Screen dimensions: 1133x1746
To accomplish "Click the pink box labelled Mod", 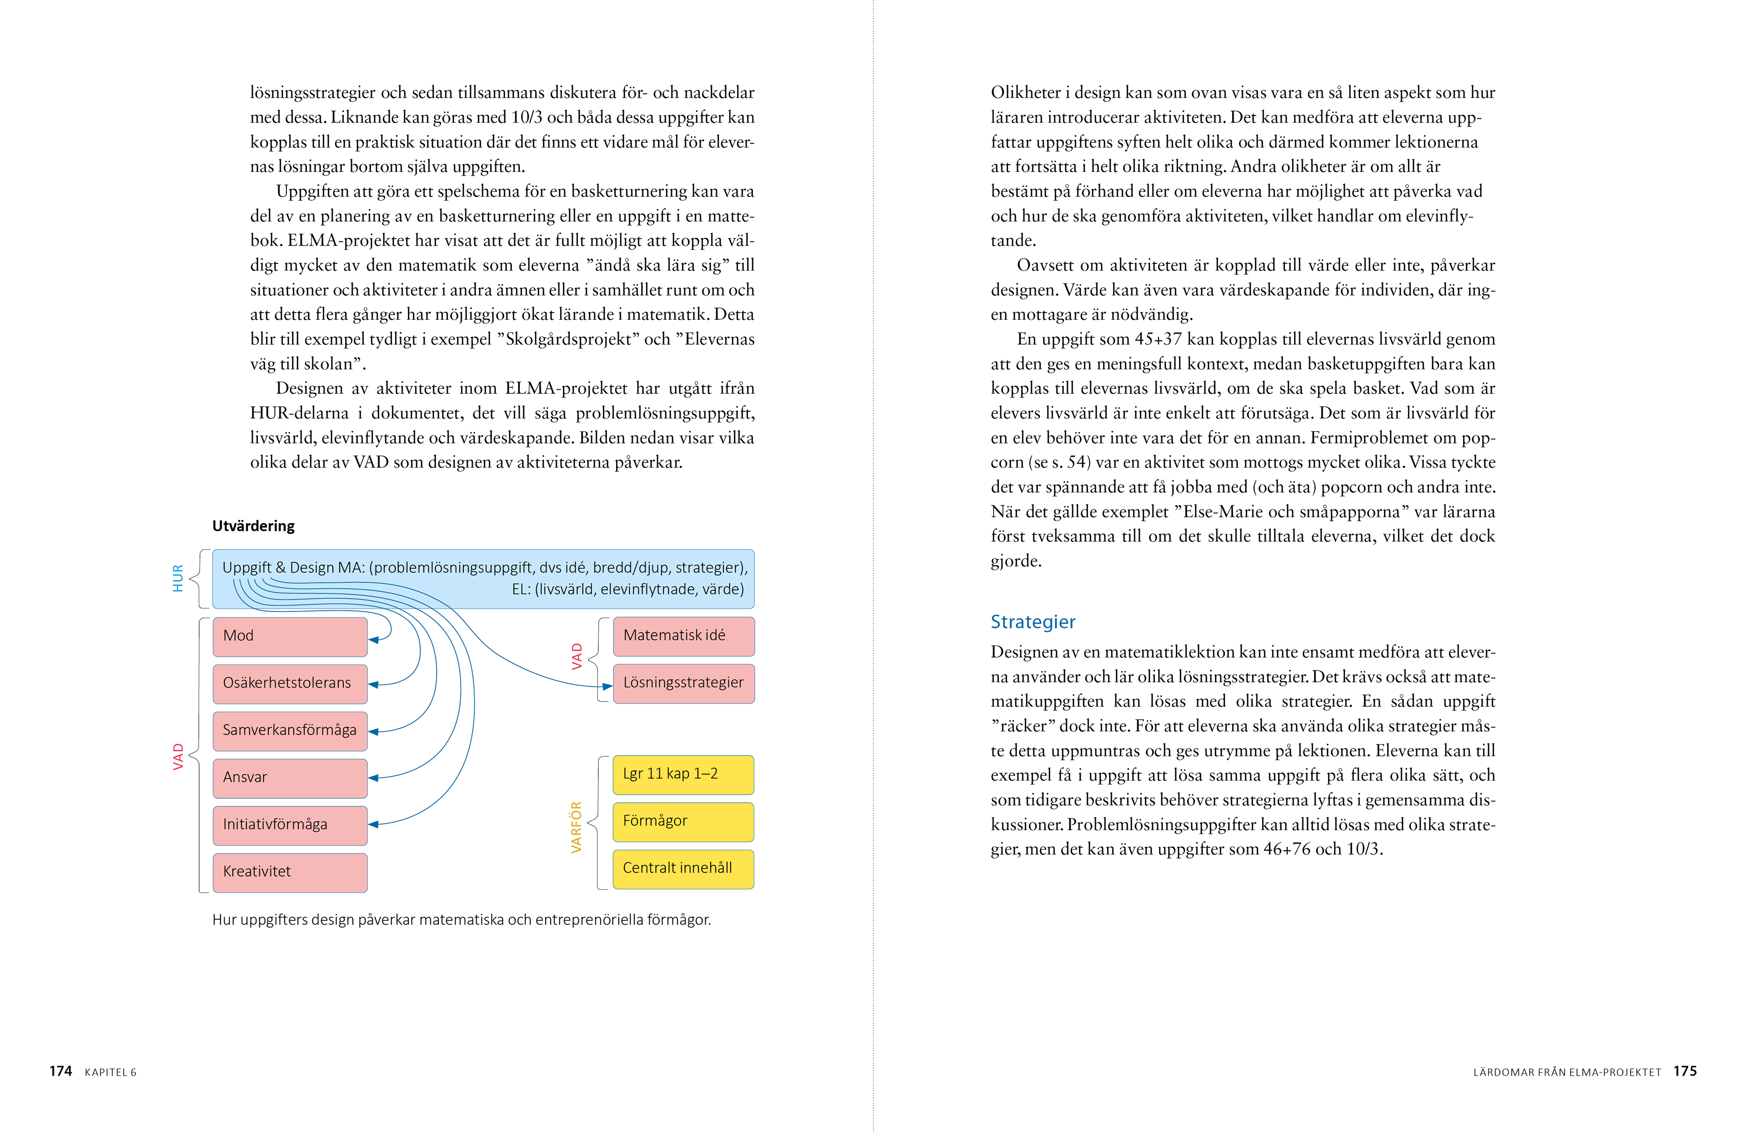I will [x=290, y=636].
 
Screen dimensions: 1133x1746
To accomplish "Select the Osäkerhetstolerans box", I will [x=290, y=683].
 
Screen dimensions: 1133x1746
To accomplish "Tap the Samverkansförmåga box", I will [x=290, y=730].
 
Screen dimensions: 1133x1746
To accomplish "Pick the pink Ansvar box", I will [x=290, y=777].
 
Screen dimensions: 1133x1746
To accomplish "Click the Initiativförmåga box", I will [x=290, y=825].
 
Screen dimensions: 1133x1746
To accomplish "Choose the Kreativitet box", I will [x=290, y=872].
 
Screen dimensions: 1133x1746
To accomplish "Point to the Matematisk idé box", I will [x=683, y=635].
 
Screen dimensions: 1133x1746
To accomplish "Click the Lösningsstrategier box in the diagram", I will [x=683, y=683].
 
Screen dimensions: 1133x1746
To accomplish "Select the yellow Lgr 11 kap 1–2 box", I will [x=683, y=774].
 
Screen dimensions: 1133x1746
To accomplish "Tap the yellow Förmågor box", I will [x=683, y=821].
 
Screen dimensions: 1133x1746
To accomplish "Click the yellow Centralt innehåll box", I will [x=683, y=868].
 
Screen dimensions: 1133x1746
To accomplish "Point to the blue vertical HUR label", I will [x=177, y=578].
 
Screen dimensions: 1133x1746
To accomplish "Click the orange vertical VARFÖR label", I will [x=577, y=827].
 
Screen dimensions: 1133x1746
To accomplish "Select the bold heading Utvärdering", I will [x=253, y=526].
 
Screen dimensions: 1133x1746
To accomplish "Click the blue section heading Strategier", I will [x=1032, y=622].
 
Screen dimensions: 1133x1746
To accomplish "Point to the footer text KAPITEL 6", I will [x=111, y=1073].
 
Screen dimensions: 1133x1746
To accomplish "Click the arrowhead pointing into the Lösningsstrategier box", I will [x=607, y=687].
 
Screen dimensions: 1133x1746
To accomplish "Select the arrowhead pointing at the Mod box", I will [x=373, y=640].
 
